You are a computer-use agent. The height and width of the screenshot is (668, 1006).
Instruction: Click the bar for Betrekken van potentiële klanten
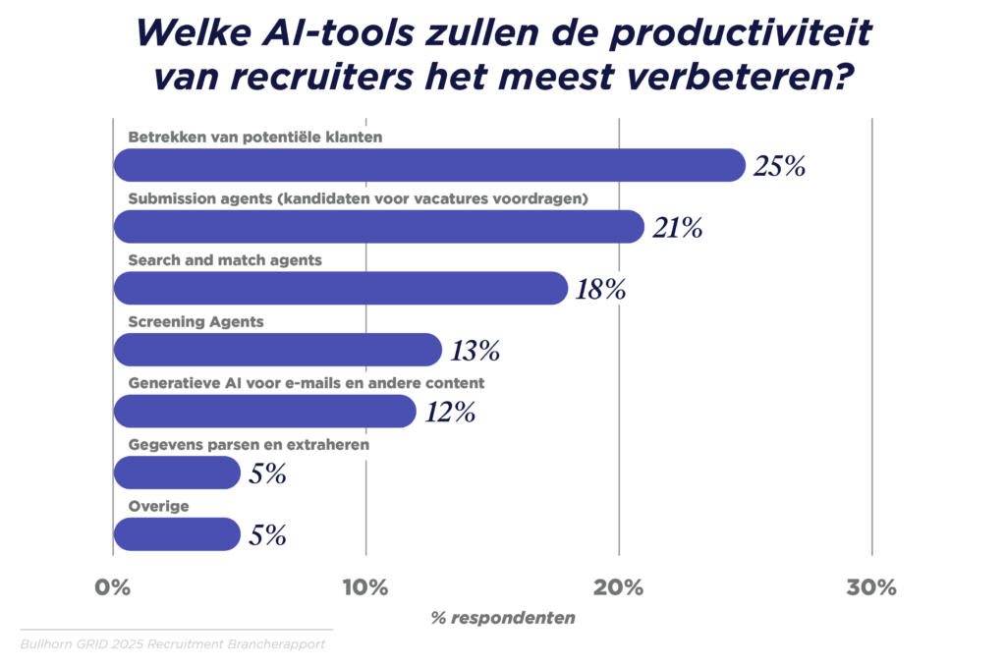click(x=429, y=165)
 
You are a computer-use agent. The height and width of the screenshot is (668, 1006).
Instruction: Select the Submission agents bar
click(x=378, y=227)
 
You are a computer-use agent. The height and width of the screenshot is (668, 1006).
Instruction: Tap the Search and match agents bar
click(x=341, y=288)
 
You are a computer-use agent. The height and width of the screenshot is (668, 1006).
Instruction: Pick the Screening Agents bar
click(x=278, y=350)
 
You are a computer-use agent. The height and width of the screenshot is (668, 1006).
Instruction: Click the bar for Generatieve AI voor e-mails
click(x=265, y=411)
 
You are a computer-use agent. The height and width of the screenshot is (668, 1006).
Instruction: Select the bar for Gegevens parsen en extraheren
click(x=177, y=473)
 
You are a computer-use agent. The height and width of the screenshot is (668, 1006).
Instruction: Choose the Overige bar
click(x=177, y=534)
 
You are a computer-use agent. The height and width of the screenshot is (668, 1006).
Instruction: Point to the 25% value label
click(x=779, y=166)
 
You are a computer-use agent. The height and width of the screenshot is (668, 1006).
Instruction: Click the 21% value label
click(x=677, y=228)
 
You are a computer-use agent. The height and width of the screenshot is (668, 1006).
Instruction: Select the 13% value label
click(x=475, y=351)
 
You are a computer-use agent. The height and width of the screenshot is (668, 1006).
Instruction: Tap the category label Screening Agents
click(x=196, y=321)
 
